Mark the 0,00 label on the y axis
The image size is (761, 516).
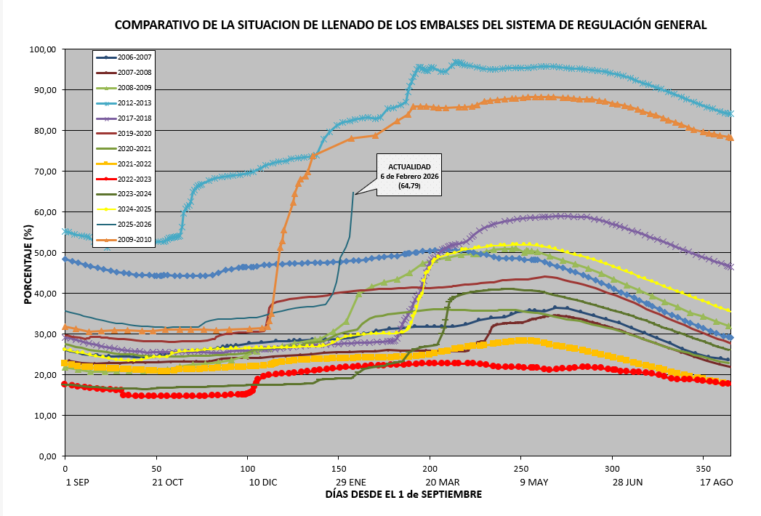pos(47,456)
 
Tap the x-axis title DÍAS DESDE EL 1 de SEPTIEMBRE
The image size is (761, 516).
pos(403,494)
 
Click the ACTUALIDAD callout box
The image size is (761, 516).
pos(409,175)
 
